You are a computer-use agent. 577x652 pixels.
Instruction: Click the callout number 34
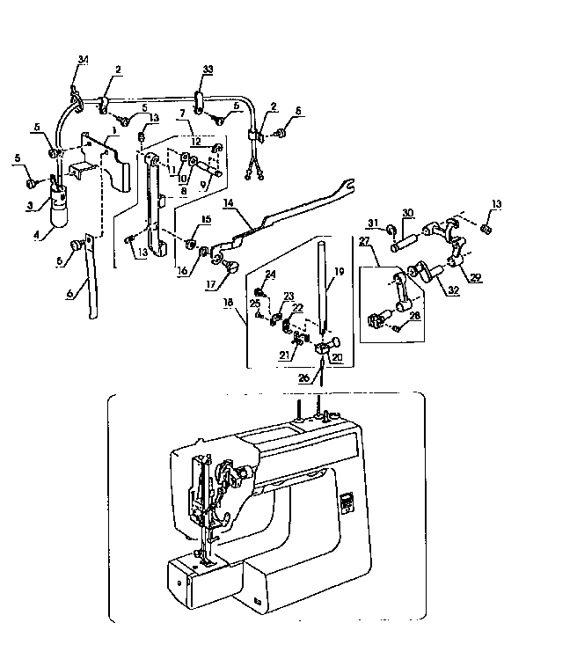(x=83, y=60)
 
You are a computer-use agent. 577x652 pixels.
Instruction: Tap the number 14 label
(x=227, y=201)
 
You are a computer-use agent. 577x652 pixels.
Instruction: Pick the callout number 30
(x=408, y=212)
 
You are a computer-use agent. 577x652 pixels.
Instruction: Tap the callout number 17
(x=212, y=283)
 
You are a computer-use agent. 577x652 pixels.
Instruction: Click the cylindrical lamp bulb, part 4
(x=59, y=212)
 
